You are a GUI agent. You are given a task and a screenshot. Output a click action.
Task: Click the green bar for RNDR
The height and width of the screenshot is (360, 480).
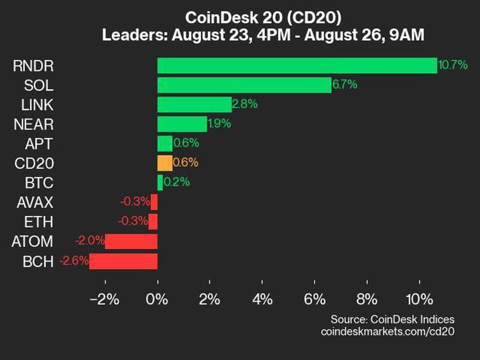[297, 65]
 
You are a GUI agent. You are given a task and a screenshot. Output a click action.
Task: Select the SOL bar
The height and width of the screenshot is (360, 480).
[244, 85]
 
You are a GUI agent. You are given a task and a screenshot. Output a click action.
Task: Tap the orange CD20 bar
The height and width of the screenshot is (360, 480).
[164, 163]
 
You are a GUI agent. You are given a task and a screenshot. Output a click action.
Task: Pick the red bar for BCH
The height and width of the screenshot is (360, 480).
[124, 261]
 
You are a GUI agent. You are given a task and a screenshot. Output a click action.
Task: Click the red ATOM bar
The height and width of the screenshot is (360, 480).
[131, 241]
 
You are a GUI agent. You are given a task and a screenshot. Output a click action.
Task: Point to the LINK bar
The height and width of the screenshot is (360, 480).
[194, 104]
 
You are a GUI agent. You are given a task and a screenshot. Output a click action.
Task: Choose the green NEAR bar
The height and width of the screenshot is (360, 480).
[182, 124]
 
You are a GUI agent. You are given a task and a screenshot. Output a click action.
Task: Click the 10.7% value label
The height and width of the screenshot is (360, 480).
[453, 65]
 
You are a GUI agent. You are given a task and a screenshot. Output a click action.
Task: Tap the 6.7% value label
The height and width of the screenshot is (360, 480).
[344, 85]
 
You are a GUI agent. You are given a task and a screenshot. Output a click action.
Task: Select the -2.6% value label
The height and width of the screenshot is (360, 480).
[74, 261]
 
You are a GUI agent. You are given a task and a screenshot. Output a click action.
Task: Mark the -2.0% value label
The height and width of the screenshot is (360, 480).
[89, 241]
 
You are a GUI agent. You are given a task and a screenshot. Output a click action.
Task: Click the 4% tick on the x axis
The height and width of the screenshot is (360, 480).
[263, 299]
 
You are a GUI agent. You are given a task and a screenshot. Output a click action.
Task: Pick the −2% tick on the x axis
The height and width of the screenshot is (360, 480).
[104, 299]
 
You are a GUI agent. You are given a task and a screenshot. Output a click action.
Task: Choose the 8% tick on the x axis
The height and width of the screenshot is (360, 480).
[367, 299]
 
